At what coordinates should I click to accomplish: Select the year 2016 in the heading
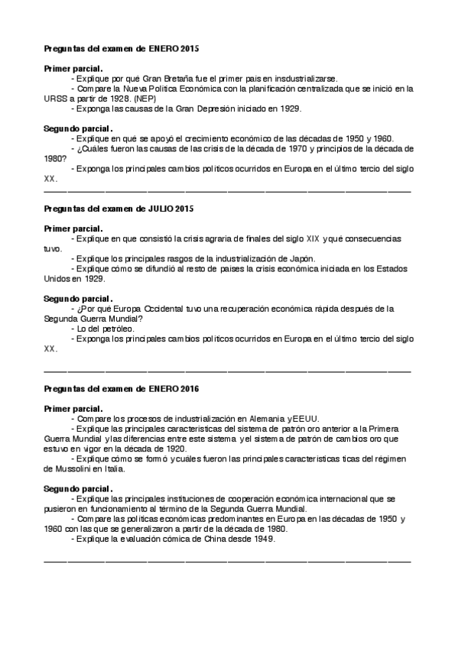(x=188, y=389)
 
